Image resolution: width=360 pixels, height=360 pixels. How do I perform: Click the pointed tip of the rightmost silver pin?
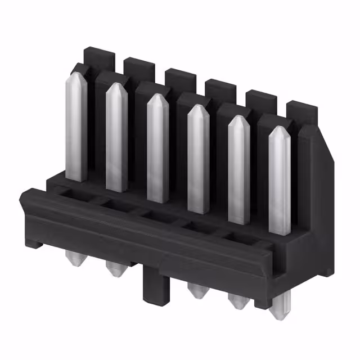tap(280, 129)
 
